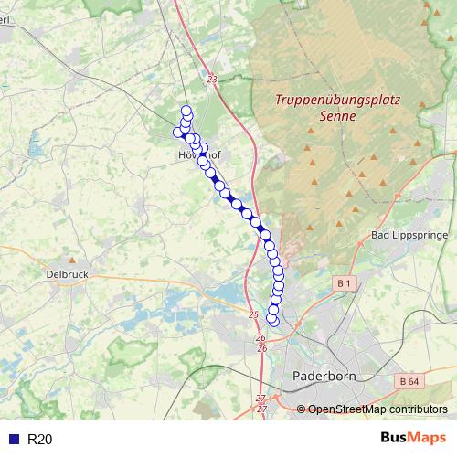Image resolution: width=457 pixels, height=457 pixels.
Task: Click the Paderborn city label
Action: click(322, 376)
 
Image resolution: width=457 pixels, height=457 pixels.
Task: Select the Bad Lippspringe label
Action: click(407, 236)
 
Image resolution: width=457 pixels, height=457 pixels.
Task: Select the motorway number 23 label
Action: click(212, 80)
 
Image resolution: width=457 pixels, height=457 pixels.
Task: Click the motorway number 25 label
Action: click(253, 315)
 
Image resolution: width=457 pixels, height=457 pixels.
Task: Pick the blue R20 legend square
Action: click(13, 440)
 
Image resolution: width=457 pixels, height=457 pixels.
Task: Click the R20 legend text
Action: click(40, 440)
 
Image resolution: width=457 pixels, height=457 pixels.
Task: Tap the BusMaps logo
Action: click(413, 439)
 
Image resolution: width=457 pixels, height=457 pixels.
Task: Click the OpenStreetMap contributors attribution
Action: click(377, 409)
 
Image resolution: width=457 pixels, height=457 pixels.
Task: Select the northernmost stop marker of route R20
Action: click(187, 111)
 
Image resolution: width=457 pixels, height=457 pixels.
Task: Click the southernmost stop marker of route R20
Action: click(273, 319)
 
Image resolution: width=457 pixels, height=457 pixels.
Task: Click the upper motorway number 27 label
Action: click(260, 399)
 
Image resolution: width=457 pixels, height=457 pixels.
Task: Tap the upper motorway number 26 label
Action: click(260, 338)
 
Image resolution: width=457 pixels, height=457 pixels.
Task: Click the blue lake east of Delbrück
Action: click(227, 292)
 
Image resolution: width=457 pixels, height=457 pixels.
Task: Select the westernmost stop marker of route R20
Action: click(178, 133)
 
